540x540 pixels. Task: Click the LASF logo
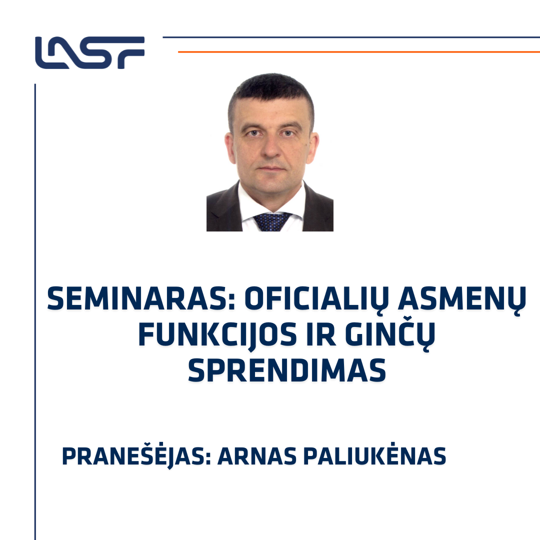(89, 52)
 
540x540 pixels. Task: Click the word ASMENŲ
(462, 300)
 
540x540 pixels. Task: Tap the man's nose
(271, 148)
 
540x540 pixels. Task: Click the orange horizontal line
(359, 52)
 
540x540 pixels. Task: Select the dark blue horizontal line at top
(351, 37)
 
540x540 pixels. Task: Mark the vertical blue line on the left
(35, 311)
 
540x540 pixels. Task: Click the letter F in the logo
(131, 52)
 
